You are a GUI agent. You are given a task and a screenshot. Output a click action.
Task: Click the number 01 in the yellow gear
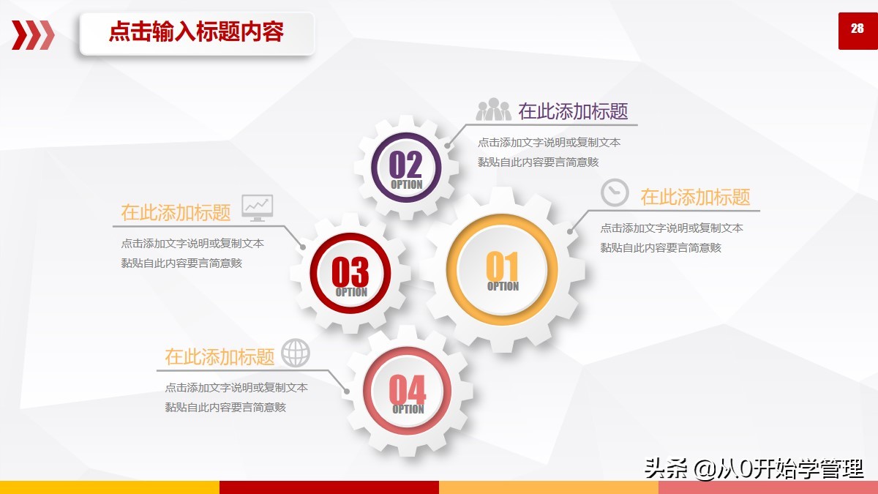pos(502,266)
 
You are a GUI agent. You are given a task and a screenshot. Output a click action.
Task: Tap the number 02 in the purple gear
pos(405,165)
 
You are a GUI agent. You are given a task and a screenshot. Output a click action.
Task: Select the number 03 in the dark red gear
pos(350,272)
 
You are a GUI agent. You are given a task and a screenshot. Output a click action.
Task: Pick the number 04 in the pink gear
pos(408,389)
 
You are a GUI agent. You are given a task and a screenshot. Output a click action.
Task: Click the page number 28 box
pos(858,31)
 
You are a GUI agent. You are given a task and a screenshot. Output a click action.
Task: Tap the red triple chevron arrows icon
pos(33,35)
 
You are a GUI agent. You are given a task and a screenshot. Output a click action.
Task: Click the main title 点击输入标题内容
pos(196,31)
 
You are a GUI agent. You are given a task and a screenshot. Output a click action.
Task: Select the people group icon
pos(493,109)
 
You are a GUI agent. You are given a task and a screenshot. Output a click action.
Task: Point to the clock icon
pos(615,192)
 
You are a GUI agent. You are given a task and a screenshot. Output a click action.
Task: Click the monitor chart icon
pos(257,208)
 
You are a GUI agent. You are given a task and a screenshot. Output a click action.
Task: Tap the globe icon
pos(296,353)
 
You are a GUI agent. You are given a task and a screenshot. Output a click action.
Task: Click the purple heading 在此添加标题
pos(573,111)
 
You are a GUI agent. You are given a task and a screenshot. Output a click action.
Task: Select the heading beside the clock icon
pos(695,197)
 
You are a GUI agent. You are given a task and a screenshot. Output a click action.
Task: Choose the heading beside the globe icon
pos(219,357)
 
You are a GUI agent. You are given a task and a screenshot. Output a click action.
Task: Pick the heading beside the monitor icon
pos(176,212)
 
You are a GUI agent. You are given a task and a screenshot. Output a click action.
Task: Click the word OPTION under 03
pos(352,292)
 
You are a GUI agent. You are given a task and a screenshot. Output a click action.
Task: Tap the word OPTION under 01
pos(503,286)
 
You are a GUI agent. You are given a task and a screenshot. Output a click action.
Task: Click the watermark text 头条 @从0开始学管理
pos(754,468)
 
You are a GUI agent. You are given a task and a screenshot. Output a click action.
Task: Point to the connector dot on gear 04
pos(347,392)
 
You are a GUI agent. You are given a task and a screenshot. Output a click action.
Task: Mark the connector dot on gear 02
pos(447,146)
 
